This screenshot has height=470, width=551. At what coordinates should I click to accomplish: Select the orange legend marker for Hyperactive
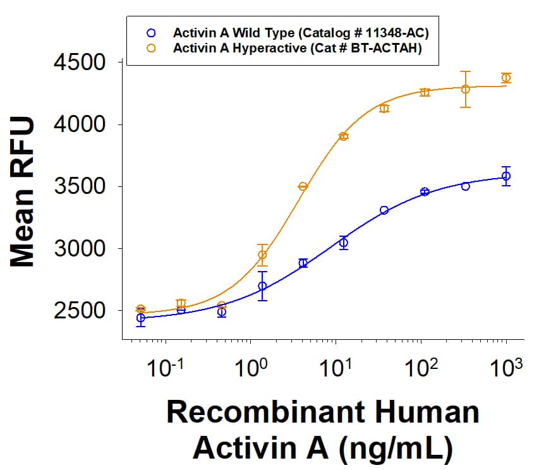(150, 47)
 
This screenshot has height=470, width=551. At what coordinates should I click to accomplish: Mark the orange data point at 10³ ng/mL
(506, 78)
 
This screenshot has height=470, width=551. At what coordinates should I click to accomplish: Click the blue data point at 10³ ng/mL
(506, 176)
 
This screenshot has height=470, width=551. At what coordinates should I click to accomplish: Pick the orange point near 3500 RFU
(303, 186)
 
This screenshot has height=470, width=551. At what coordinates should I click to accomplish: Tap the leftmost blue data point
(140, 318)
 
